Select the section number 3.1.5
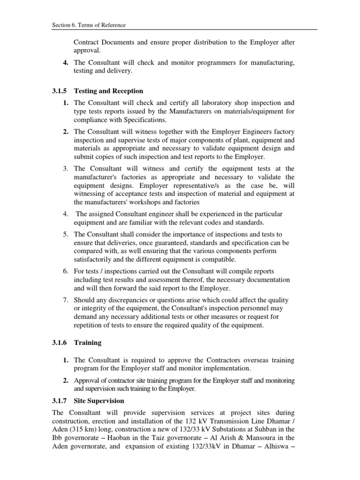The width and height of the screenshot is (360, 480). coord(60,90)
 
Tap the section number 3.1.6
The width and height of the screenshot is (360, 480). coord(60,343)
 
